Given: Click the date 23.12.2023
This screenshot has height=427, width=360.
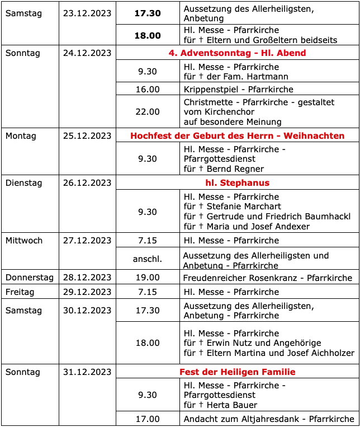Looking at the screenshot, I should [87, 13].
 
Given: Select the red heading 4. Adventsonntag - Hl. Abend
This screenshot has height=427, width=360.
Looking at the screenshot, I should [237, 53].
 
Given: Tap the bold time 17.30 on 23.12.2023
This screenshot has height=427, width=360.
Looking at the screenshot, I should [148, 13].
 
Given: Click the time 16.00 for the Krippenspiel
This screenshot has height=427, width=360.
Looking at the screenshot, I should [148, 90].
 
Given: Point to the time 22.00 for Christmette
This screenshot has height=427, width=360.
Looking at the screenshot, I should [148, 112].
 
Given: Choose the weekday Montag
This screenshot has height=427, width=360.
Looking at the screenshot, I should [21, 136].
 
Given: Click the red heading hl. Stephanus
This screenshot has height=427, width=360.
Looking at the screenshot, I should [237, 183].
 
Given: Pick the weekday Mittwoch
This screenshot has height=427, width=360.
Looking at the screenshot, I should [24, 241].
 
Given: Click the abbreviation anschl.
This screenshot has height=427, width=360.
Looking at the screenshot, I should [148, 259].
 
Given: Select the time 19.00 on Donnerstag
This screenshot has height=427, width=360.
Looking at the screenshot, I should [148, 278].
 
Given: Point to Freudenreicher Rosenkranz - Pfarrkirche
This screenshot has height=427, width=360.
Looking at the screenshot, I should [268, 278].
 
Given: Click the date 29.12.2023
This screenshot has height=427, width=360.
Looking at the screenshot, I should [87, 292].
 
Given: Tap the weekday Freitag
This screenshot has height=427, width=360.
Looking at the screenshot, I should [20, 292].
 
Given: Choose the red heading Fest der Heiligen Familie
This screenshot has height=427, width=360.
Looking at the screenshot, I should [237, 372].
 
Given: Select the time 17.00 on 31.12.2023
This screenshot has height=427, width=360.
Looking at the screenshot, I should [148, 419].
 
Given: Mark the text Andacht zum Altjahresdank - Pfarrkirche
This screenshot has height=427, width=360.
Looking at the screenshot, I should [269, 419].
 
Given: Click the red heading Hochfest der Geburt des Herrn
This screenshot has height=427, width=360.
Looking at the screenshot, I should [237, 136].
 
